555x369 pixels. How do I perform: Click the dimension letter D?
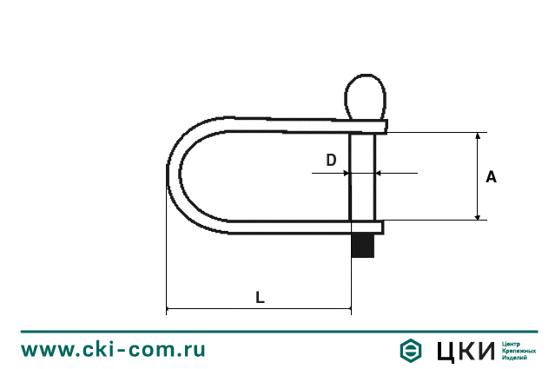[x=331, y=160]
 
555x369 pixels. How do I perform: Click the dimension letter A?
[x=491, y=177]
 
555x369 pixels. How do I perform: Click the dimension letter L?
[x=260, y=296]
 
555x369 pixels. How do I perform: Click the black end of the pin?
[x=364, y=246]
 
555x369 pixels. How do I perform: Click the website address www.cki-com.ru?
[x=113, y=350]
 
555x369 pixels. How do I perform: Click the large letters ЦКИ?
[x=463, y=350]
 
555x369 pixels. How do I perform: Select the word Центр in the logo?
[x=512, y=343]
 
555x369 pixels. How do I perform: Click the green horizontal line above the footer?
[x=277, y=331]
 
